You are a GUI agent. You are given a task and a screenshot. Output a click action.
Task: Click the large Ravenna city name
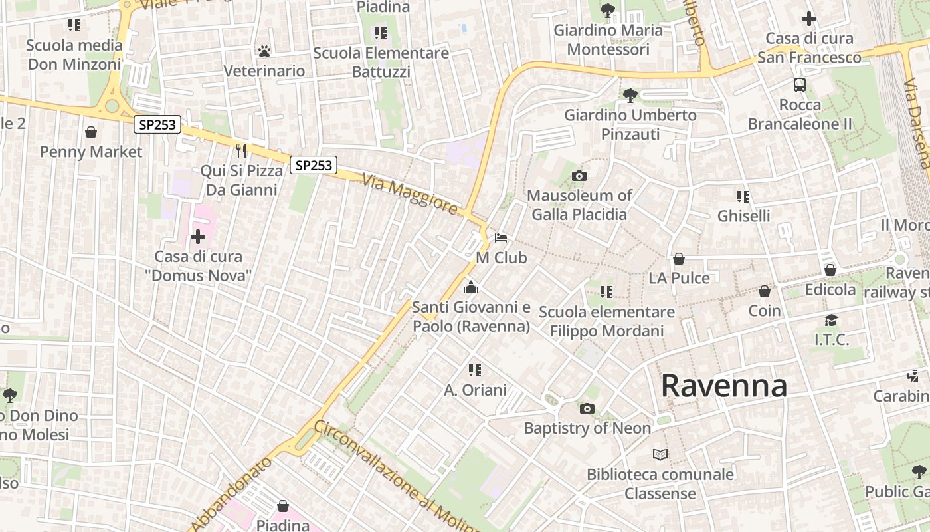click(x=724, y=386)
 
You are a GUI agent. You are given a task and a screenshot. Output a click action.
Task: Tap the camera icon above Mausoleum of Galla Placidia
click(x=579, y=176)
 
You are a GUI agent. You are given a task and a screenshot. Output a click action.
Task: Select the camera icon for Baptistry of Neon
click(x=587, y=409)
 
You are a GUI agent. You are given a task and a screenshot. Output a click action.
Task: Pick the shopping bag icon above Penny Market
click(x=91, y=132)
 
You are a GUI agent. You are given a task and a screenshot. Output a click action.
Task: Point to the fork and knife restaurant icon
click(x=241, y=151)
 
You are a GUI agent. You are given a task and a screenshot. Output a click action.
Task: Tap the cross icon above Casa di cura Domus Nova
click(x=198, y=237)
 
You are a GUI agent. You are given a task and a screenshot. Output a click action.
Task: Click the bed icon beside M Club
click(x=501, y=238)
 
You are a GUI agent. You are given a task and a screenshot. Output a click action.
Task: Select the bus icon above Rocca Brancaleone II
click(x=800, y=85)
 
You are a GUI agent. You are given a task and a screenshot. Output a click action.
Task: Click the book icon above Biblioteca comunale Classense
click(x=660, y=455)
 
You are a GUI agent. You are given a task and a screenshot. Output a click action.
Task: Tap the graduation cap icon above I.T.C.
click(x=831, y=321)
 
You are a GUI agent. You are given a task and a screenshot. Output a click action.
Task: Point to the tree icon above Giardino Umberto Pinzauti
click(x=630, y=96)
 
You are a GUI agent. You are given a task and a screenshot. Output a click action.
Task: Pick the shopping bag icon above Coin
click(x=765, y=291)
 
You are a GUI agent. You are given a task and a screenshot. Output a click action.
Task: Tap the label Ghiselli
click(x=744, y=216)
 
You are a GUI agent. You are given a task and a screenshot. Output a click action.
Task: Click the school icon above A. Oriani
click(x=474, y=370)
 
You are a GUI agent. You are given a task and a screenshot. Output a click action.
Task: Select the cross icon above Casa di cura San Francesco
click(x=808, y=19)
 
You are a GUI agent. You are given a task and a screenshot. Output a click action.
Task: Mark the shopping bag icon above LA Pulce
click(x=679, y=259)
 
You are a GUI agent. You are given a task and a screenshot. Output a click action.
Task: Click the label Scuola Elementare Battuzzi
click(x=381, y=62)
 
